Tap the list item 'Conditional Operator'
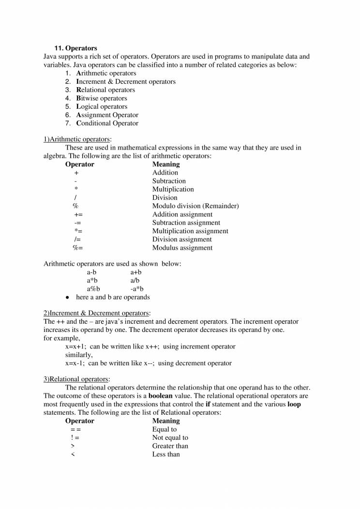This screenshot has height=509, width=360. coord(107,123)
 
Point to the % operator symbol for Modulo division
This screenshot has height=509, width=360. coord(75,206)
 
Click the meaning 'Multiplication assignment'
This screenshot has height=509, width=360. coord(190,231)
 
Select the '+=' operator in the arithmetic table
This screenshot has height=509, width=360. coord(78,214)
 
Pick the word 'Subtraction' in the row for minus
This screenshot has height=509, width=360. coord(169,181)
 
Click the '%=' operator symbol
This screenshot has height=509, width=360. coord(78,248)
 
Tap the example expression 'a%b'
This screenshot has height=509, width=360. coord(93,289)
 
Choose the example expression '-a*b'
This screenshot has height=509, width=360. coord(137,289)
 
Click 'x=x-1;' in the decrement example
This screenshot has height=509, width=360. coord(75,363)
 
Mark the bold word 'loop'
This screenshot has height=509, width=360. coord(294,404)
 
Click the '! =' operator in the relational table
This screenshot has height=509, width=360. coord(75,438)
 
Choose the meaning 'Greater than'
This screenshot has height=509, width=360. coord(170,446)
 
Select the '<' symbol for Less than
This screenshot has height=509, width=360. coord(73,454)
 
